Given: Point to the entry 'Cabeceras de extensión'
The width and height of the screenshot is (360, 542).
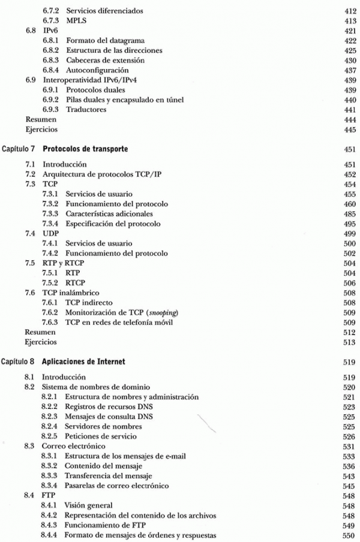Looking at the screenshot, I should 104,61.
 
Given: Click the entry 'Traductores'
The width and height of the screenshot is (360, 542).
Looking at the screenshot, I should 87,110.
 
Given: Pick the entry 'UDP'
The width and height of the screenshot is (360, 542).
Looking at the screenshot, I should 50,233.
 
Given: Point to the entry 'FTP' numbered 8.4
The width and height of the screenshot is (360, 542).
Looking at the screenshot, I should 49,495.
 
